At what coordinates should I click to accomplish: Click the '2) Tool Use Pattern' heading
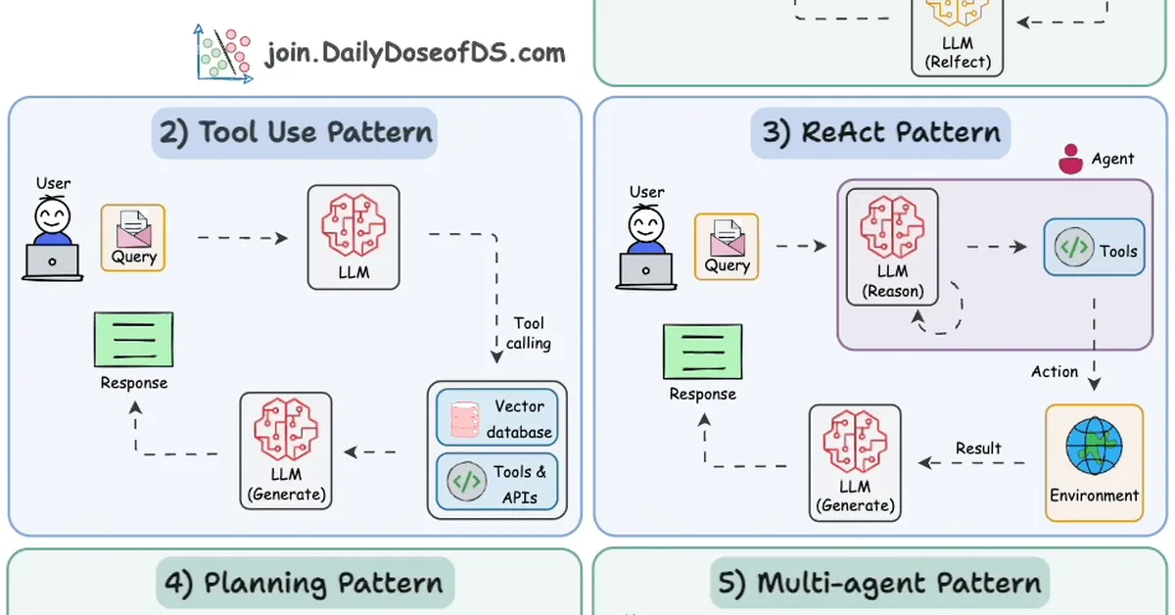point(294,133)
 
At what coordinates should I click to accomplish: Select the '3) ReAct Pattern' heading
point(881,133)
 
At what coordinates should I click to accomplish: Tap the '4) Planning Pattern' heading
point(305,584)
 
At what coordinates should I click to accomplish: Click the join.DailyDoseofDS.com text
point(415,52)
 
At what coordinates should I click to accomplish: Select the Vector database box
point(497,418)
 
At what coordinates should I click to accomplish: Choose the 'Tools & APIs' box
point(497,481)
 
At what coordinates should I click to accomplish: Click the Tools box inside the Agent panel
point(1094,248)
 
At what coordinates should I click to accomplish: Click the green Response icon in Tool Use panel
point(133,339)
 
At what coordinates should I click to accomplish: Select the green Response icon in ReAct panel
point(702,352)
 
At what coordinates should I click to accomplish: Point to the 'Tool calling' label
point(529,333)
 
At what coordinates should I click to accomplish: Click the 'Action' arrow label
point(1055,372)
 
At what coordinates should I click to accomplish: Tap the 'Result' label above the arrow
point(978,449)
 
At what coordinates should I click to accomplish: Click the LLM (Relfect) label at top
point(958,53)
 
